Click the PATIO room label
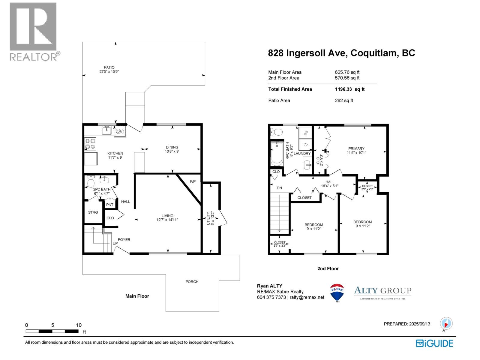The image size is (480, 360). point(109,67)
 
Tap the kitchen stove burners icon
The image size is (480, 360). point(90,144)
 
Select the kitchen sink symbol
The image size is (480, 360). point(106,130)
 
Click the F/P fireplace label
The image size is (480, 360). point(193,181)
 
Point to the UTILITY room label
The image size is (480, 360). point(208,218)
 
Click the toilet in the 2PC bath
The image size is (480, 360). point(91,182)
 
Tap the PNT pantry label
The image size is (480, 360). point(110,205)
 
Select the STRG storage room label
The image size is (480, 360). point(93,212)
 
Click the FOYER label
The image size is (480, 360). point(124,239)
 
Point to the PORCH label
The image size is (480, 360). point(192,282)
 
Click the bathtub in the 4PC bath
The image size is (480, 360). point(277,154)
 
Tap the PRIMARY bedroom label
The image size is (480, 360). point(356,148)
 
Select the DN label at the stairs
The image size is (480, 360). point(279,188)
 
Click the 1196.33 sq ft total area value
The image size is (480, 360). point(349,89)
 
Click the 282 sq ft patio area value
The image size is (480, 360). point(344,100)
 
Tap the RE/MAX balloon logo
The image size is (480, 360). point(337,292)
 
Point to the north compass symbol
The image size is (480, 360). point(446,324)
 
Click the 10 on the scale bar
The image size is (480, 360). point(79,325)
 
